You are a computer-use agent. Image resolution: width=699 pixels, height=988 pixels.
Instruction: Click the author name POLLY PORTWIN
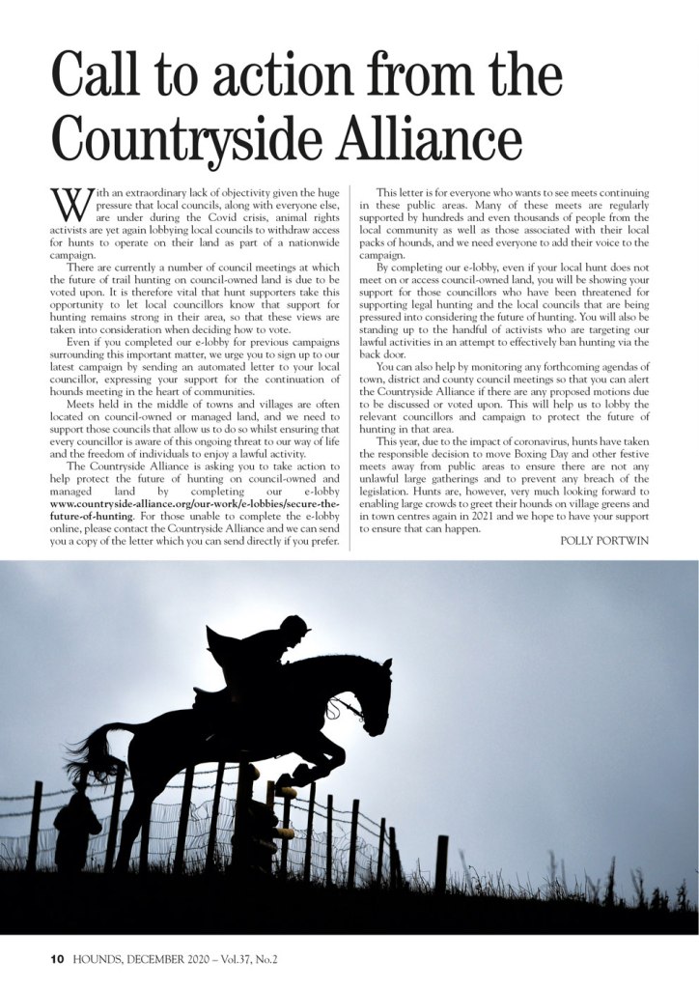point(604,540)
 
